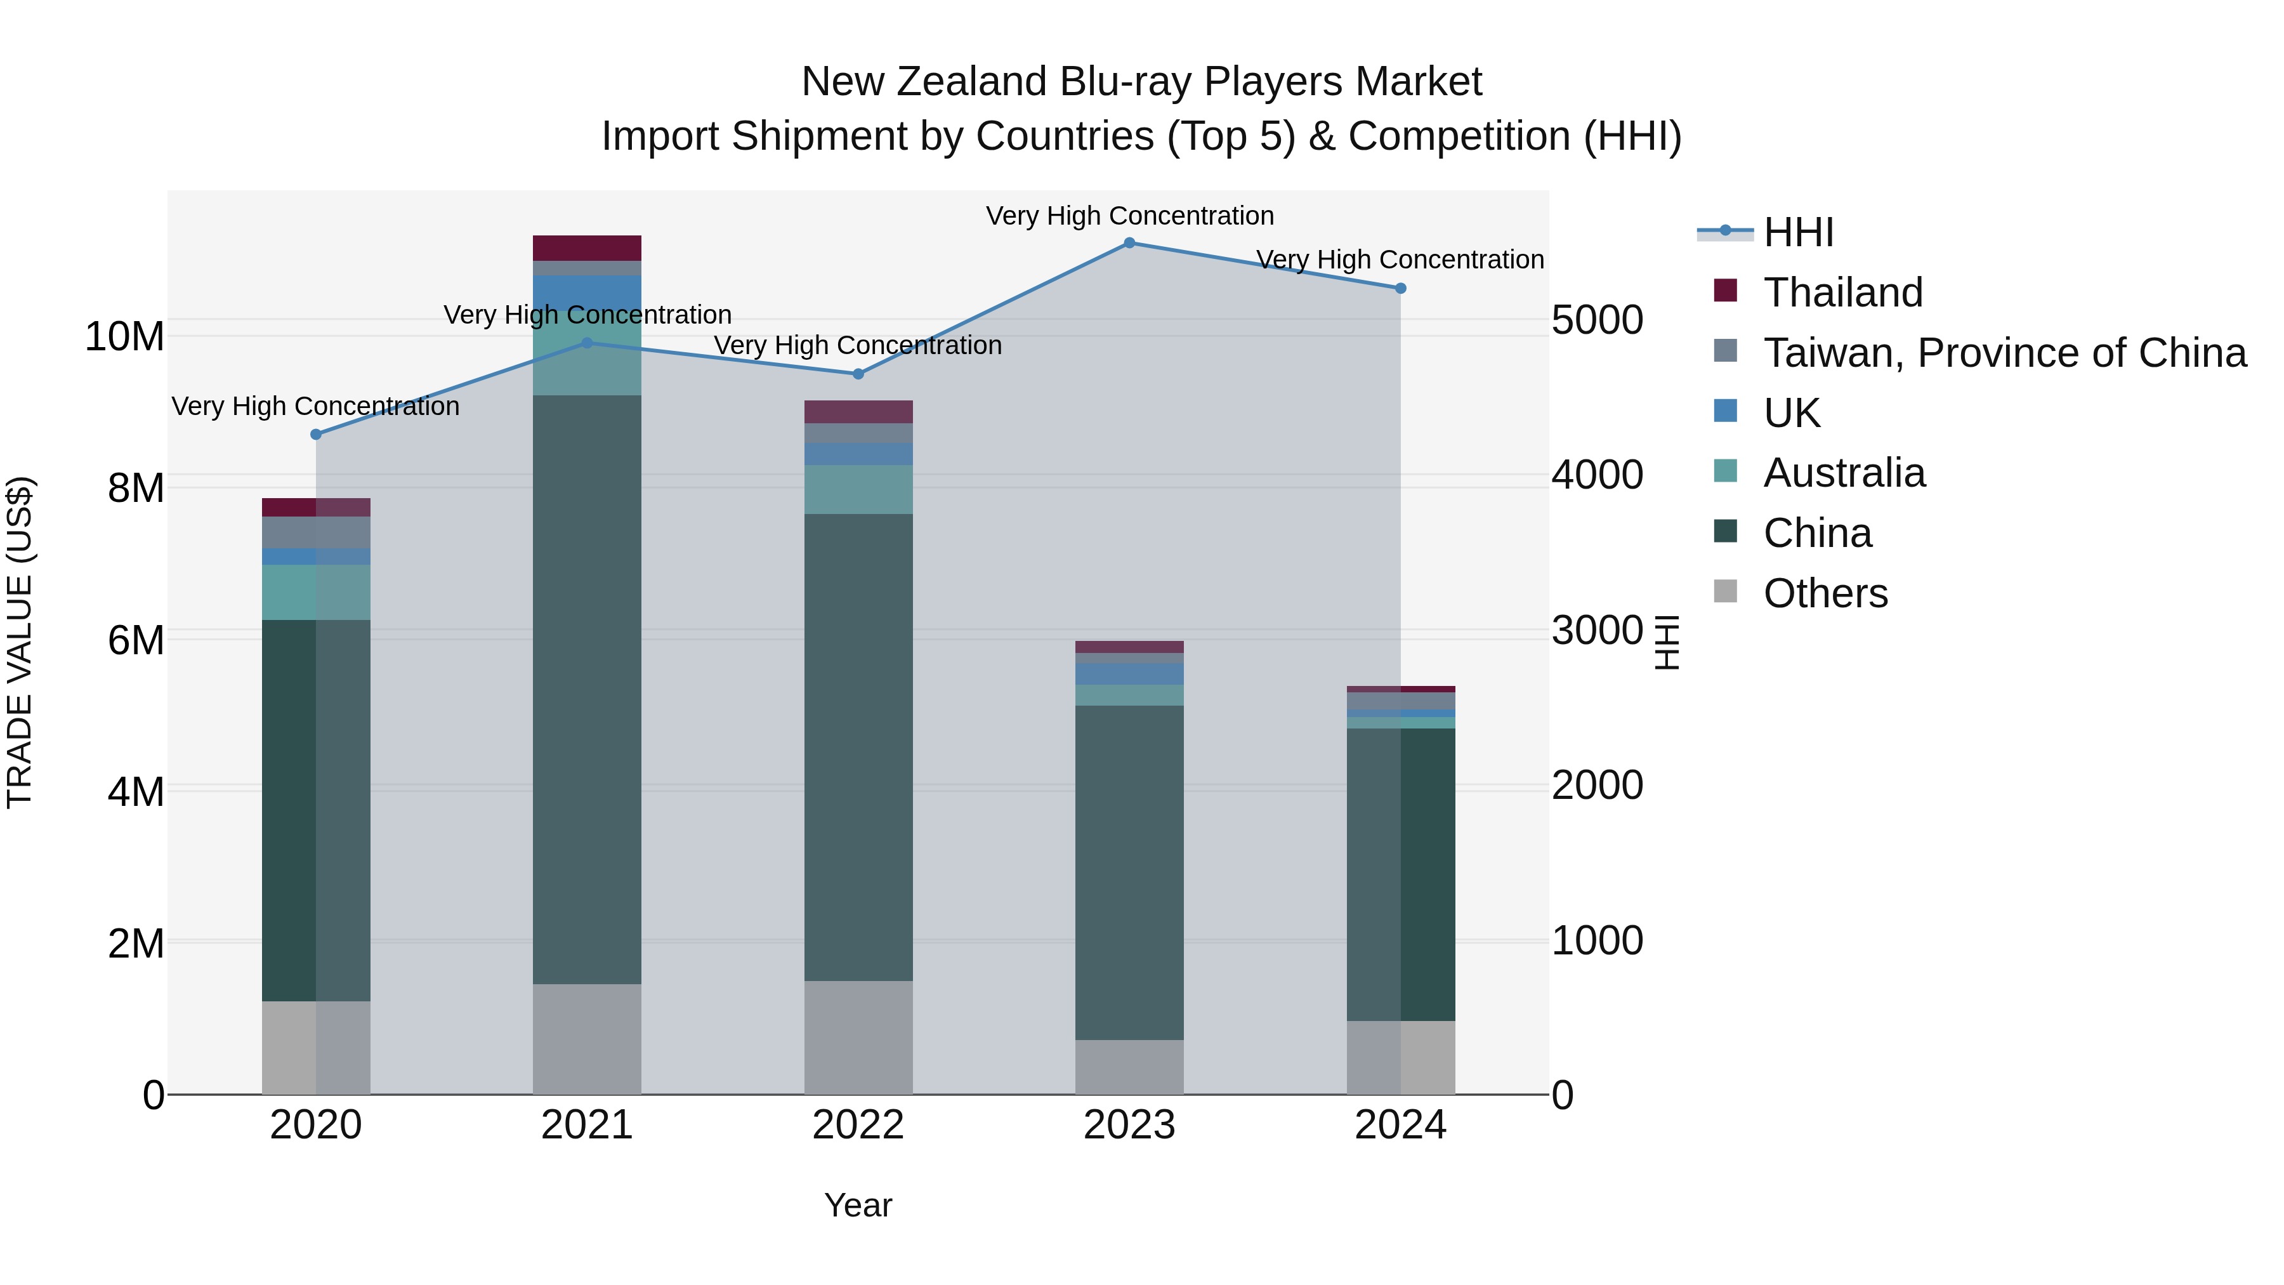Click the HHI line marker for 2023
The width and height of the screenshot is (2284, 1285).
coord(1129,243)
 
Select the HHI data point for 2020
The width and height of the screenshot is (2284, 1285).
coord(316,435)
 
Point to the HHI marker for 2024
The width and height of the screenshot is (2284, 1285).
coord(1400,288)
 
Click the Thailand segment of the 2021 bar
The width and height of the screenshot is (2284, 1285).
coord(586,248)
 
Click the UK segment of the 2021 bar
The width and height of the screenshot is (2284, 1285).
coord(586,293)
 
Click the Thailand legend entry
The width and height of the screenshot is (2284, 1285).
coord(1842,293)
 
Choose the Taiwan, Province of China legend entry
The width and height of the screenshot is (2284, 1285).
coord(2004,353)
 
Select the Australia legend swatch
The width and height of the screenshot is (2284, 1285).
coord(1726,471)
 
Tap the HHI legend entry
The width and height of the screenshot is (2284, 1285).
coord(1798,232)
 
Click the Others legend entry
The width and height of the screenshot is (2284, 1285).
coord(1825,593)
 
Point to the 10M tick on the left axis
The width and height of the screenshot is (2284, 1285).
coord(124,337)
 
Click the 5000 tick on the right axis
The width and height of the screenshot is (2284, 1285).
coord(1597,320)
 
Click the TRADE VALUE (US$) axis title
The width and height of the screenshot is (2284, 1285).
coord(20,642)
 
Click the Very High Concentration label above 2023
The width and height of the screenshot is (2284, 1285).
coord(1129,216)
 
